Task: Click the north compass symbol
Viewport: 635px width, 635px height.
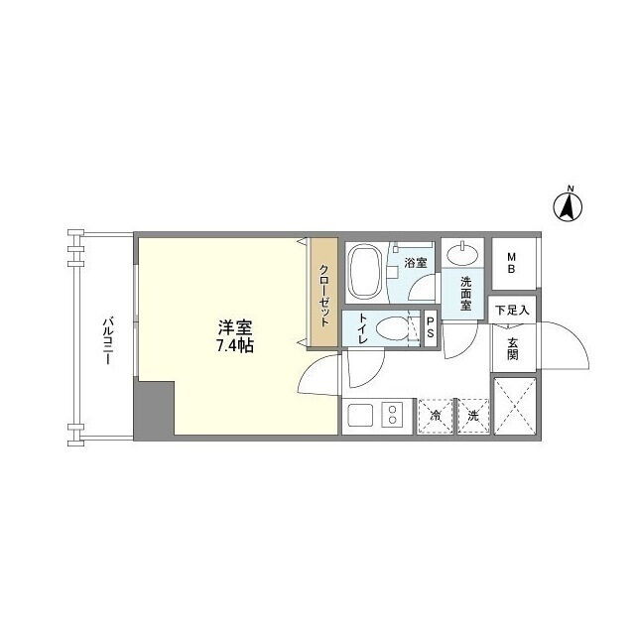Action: pos(568,206)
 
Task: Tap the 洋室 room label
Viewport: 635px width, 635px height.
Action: pos(235,327)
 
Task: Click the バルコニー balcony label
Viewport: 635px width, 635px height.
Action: pos(107,341)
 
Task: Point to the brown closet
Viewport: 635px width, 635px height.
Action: pos(324,292)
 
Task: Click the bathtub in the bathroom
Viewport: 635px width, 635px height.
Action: pos(365,271)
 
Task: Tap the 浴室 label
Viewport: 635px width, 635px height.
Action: pos(415,263)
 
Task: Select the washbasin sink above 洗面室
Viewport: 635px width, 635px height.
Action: pos(462,254)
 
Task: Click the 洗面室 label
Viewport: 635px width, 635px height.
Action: pos(465,294)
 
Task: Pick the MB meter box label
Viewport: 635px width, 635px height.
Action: pos(512,263)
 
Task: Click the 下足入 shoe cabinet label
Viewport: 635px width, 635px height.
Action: pos(512,311)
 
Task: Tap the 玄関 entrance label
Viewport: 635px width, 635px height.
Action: pos(512,348)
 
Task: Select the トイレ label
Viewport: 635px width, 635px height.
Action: pos(362,328)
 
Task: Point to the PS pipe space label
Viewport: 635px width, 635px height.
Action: pos(431,327)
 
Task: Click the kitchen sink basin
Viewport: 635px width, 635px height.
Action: pos(360,415)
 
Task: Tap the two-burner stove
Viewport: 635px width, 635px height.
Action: pos(393,415)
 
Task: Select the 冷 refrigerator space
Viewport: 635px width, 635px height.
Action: pos(436,416)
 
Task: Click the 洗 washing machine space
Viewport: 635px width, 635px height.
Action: pos(473,416)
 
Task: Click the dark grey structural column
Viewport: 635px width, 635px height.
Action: pos(154,409)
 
